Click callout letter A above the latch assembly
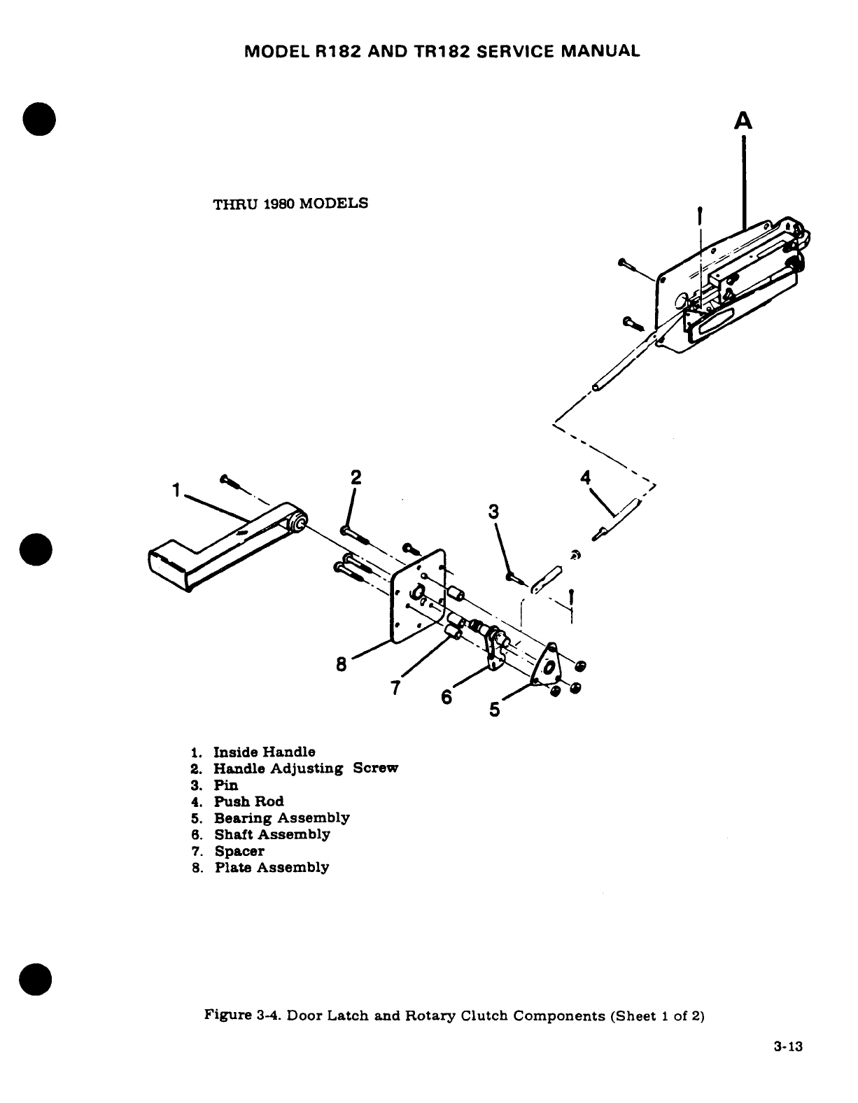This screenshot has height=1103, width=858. click(x=744, y=122)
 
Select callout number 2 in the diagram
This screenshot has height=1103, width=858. click(x=356, y=478)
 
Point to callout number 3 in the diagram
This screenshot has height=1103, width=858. click(x=494, y=512)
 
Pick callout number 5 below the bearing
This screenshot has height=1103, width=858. click(x=495, y=710)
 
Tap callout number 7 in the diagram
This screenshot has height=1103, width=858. click(x=395, y=689)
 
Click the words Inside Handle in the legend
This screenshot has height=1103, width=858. click(x=264, y=752)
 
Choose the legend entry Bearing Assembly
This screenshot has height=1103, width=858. click(x=281, y=818)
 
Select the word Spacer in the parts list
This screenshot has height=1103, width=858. click(x=239, y=851)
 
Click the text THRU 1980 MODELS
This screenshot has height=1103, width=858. click(x=290, y=204)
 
